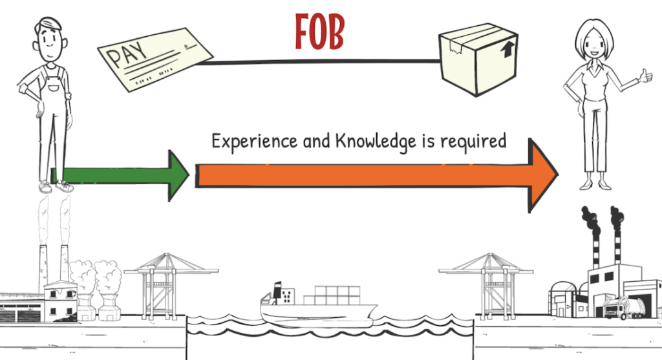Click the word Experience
point(250,142)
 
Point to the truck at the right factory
point(617,307)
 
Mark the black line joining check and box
point(323,62)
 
